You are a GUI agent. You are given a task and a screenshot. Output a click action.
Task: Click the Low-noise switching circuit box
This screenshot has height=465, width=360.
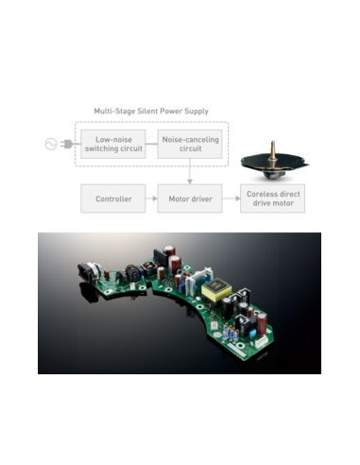[113, 144]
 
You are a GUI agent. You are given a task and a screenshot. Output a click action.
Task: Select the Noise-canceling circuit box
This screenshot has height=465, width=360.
[190, 144]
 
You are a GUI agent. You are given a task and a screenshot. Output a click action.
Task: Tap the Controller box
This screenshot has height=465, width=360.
[113, 198]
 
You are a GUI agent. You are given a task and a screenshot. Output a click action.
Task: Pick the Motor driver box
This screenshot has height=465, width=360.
[190, 198]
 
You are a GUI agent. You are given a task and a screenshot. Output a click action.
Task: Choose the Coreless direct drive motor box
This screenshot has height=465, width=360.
[272, 198]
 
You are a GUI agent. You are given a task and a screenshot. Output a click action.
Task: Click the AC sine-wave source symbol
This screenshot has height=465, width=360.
[51, 144]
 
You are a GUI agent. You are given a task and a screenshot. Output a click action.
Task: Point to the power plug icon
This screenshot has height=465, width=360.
[67, 144]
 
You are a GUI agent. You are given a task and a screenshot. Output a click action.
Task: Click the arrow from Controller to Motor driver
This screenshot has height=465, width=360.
[151, 198]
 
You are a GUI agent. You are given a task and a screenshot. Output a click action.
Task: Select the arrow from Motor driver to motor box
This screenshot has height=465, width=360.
[231, 198]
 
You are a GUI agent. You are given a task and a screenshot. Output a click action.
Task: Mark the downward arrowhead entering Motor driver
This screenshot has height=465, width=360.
[190, 181]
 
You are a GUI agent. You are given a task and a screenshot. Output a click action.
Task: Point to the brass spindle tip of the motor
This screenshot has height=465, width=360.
[273, 143]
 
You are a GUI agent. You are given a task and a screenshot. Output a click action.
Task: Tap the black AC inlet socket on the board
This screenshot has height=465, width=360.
[87, 272]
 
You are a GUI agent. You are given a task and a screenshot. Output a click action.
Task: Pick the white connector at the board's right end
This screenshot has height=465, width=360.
[261, 342]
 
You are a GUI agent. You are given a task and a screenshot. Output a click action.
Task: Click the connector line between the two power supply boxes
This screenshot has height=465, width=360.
[151, 144]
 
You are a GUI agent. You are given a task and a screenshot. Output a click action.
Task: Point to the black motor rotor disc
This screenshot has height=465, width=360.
[273, 163]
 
